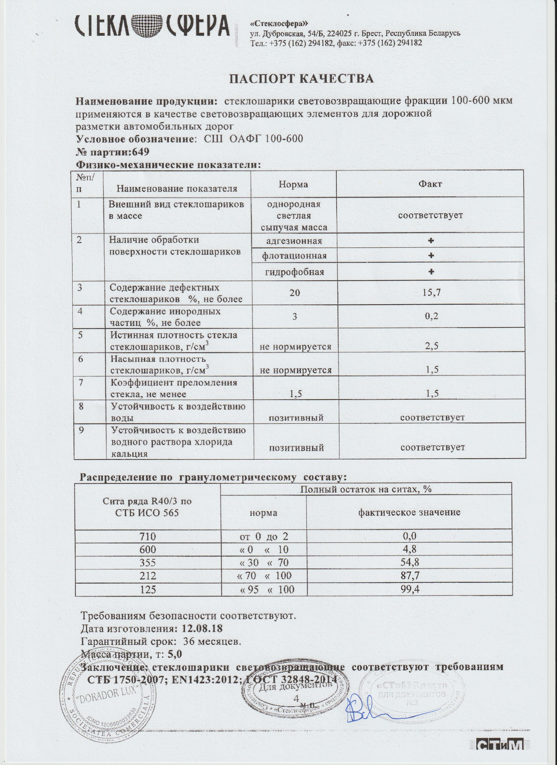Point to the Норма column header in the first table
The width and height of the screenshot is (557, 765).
click(x=293, y=184)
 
